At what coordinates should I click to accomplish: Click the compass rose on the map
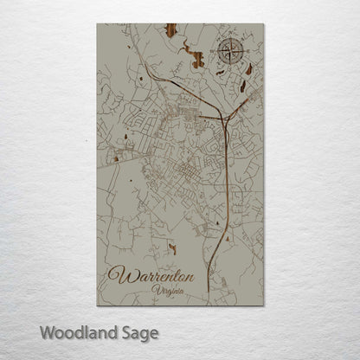(x=231, y=53)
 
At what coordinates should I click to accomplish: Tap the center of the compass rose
(x=231, y=53)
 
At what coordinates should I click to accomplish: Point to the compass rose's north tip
(x=231, y=39)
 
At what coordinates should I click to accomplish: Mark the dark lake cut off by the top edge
(x=171, y=31)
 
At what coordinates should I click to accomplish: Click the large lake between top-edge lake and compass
(x=198, y=60)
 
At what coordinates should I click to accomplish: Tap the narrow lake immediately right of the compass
(x=249, y=67)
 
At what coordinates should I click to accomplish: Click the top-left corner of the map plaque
(x=98, y=24)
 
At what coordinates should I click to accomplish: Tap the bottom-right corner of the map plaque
(x=263, y=305)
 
